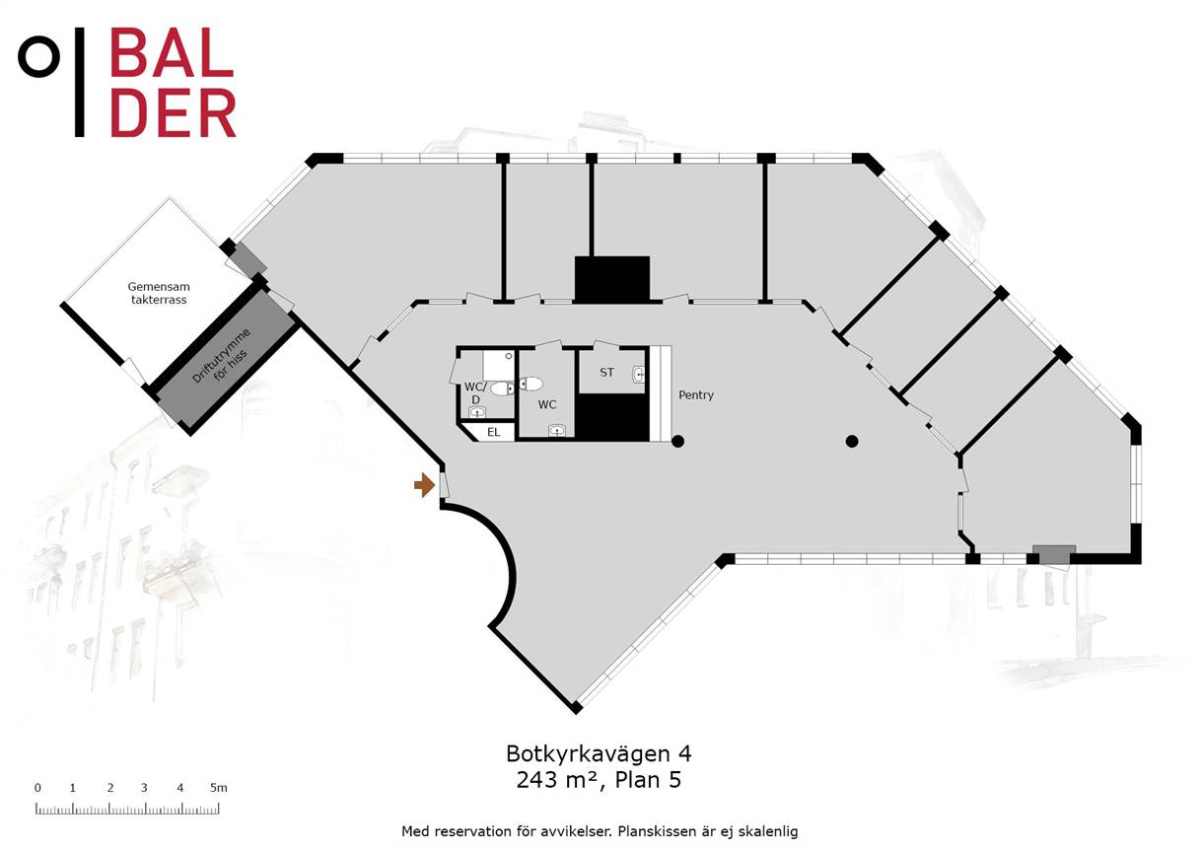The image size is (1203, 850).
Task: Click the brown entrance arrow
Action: (424, 485)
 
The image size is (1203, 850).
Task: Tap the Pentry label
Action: (696, 395)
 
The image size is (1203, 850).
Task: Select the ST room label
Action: (606, 372)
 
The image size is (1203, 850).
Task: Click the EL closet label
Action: (494, 432)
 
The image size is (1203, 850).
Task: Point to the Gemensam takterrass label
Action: (159, 293)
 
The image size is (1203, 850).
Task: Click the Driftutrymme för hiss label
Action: (221, 355)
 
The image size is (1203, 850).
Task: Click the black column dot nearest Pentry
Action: (677, 442)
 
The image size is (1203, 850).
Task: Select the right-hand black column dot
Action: (852, 442)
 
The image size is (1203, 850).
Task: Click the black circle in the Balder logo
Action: (39, 56)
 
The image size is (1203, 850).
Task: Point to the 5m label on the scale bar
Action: (219, 788)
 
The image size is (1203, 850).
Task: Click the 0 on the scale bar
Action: (37, 788)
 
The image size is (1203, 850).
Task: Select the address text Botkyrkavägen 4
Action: (599, 754)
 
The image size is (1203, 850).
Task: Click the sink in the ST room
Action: (639, 375)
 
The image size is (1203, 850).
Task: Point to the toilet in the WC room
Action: (531, 384)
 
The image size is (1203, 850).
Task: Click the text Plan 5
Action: (648, 780)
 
